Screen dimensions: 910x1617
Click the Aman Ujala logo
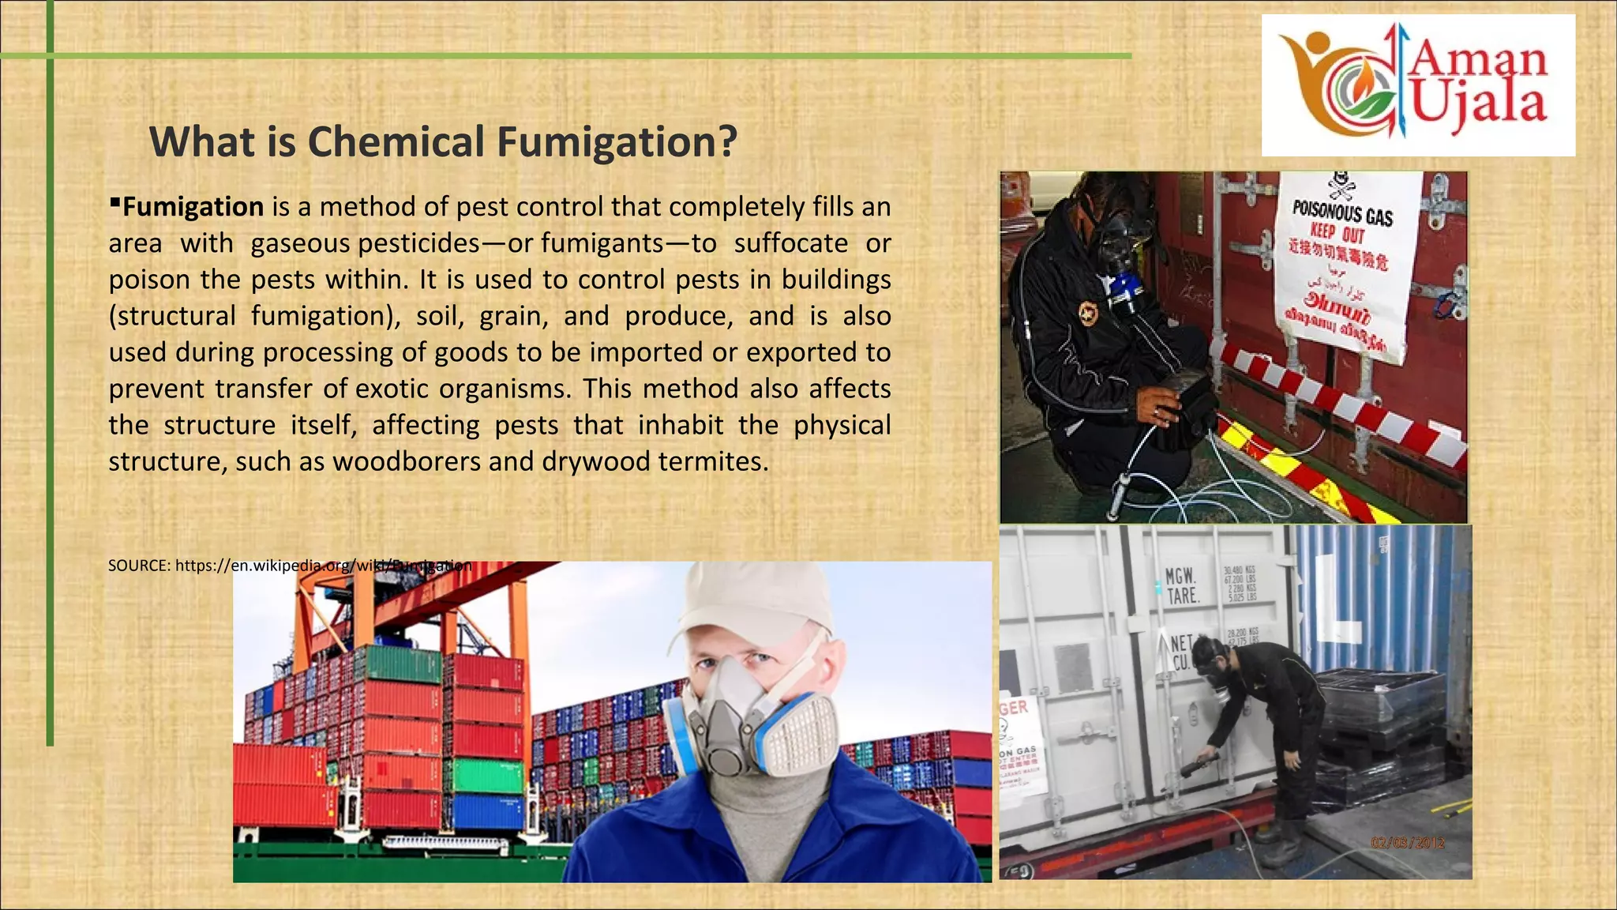[x=1417, y=85]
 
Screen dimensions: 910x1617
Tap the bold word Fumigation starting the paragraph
[x=193, y=207]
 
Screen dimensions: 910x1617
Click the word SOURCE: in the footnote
[x=140, y=566]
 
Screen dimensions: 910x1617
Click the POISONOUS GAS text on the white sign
[x=1342, y=212]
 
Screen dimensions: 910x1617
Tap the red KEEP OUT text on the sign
[x=1337, y=234]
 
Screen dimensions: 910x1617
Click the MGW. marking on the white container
[x=1181, y=576]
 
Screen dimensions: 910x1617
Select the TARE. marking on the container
[x=1183, y=596]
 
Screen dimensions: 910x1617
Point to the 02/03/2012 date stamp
[x=1408, y=843]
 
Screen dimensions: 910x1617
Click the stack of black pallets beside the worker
[x=1382, y=711]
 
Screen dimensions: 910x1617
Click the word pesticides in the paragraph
[x=418, y=243]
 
